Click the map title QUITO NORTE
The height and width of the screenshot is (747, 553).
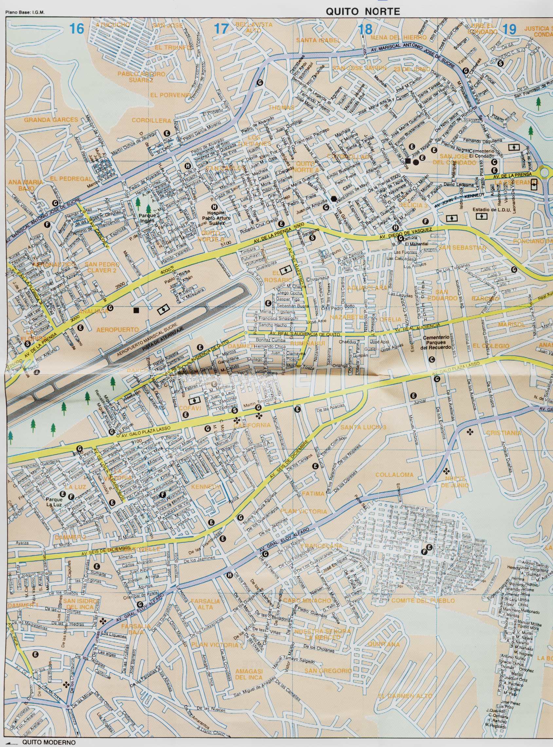[362, 12]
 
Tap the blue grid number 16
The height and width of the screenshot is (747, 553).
[76, 29]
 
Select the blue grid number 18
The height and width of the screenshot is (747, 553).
[365, 29]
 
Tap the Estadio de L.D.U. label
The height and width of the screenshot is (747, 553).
[488, 210]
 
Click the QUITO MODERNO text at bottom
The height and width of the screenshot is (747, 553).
[48, 742]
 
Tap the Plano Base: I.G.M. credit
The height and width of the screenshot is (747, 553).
[25, 13]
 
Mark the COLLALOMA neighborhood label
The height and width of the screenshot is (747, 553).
[394, 475]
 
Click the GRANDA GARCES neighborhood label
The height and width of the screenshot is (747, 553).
[50, 120]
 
